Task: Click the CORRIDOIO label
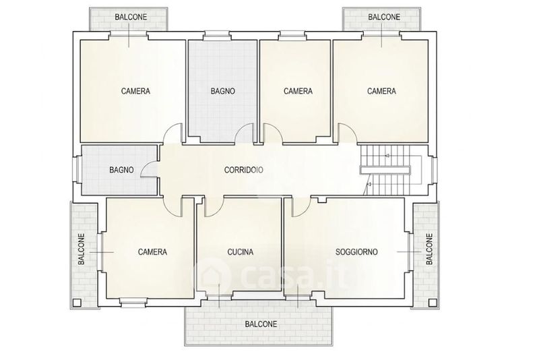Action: [x=244, y=170]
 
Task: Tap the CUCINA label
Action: [x=241, y=252]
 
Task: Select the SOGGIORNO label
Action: [x=356, y=252]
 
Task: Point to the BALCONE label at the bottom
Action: [x=261, y=324]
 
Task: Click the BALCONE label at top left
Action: [x=131, y=17]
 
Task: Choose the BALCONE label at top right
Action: [x=384, y=17]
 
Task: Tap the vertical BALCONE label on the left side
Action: [x=82, y=249]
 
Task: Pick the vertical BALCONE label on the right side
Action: [x=429, y=249]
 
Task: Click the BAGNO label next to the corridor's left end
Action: [x=122, y=170]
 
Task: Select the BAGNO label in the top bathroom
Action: [x=223, y=91]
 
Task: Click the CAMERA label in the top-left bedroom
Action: [x=136, y=91]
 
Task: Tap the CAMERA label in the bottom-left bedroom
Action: [x=152, y=252]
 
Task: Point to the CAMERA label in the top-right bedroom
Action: [x=381, y=91]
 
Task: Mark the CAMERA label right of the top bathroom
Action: [x=298, y=91]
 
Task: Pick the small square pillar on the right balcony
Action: [x=432, y=303]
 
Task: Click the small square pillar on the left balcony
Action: [x=77, y=303]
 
